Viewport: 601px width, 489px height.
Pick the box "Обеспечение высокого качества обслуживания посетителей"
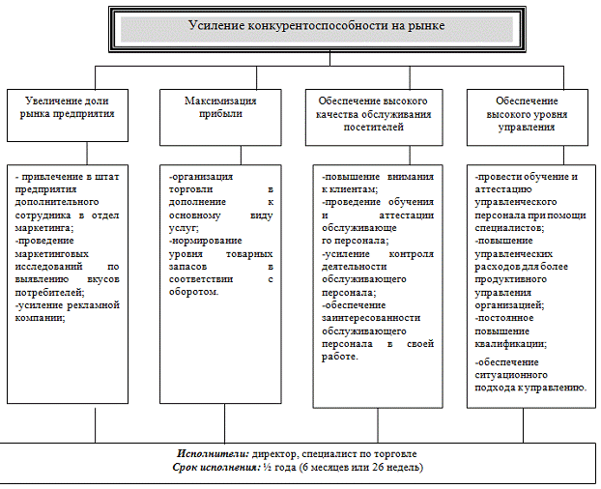373,113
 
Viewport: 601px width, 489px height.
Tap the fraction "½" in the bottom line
266,468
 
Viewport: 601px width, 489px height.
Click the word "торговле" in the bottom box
393,453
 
